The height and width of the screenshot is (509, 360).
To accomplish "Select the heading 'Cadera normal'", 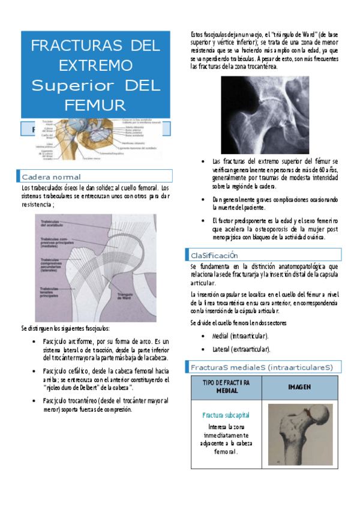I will coord(51,177).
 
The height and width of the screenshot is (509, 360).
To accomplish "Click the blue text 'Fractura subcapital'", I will coord(226,415).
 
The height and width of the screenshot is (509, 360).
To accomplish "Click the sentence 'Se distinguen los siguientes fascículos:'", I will coord(65,328).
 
